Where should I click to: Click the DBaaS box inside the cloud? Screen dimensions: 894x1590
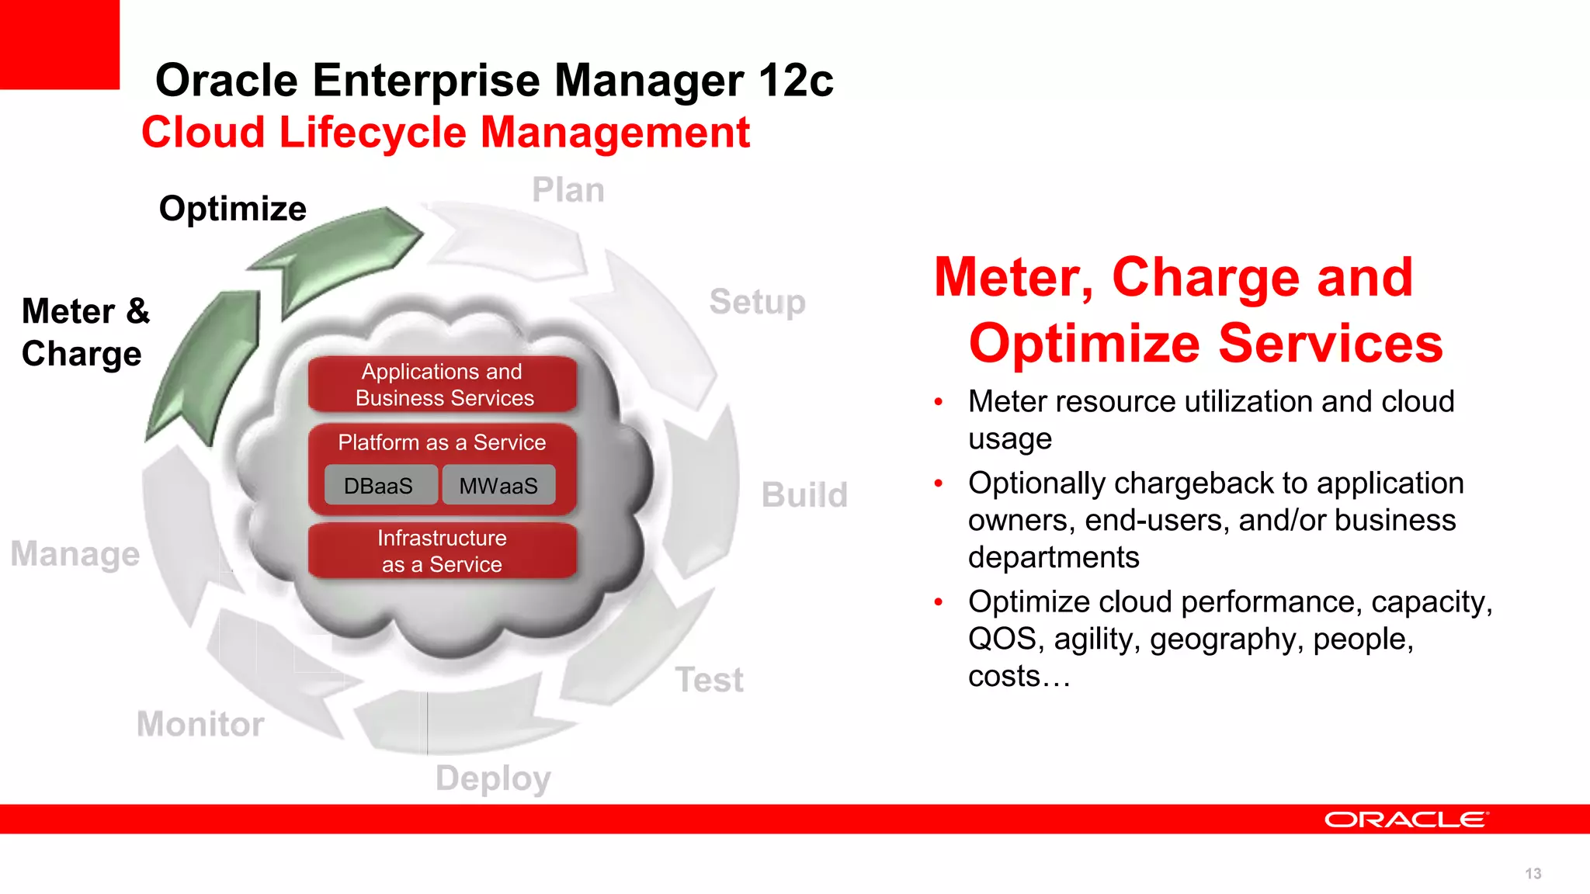click(379, 486)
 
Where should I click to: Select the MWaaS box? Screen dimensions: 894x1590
click(498, 486)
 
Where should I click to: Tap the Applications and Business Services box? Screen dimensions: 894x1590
click(443, 385)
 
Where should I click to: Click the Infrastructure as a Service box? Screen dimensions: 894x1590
click(443, 551)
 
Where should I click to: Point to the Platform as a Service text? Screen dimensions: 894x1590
click(442, 442)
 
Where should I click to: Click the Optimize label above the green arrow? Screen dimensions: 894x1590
click(232, 209)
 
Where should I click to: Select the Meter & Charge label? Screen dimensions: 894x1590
click(85, 332)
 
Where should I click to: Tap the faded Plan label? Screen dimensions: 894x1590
click(568, 190)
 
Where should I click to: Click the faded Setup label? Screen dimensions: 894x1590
click(757, 302)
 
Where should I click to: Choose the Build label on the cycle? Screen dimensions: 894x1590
click(804, 495)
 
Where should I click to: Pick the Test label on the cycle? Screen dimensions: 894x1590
click(709, 680)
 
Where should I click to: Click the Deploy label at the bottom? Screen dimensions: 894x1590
click(493, 778)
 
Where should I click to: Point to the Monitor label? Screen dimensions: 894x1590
click(200, 724)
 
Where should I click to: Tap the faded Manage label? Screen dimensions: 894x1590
click(75, 554)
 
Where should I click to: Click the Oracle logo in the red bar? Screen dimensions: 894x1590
click(1406, 819)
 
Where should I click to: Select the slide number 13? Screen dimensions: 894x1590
click(1533, 874)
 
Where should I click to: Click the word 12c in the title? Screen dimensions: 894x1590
click(796, 81)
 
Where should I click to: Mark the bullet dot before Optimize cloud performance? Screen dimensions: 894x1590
click(939, 601)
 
